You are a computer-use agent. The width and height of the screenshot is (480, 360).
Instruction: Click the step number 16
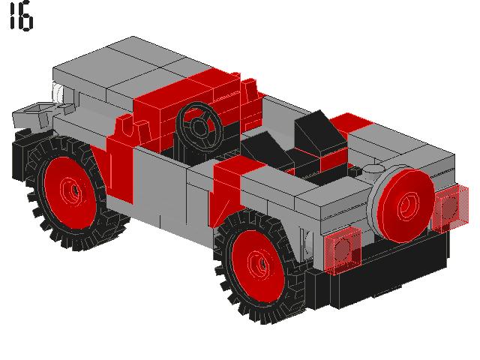20,18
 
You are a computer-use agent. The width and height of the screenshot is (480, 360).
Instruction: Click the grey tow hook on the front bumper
34,115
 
